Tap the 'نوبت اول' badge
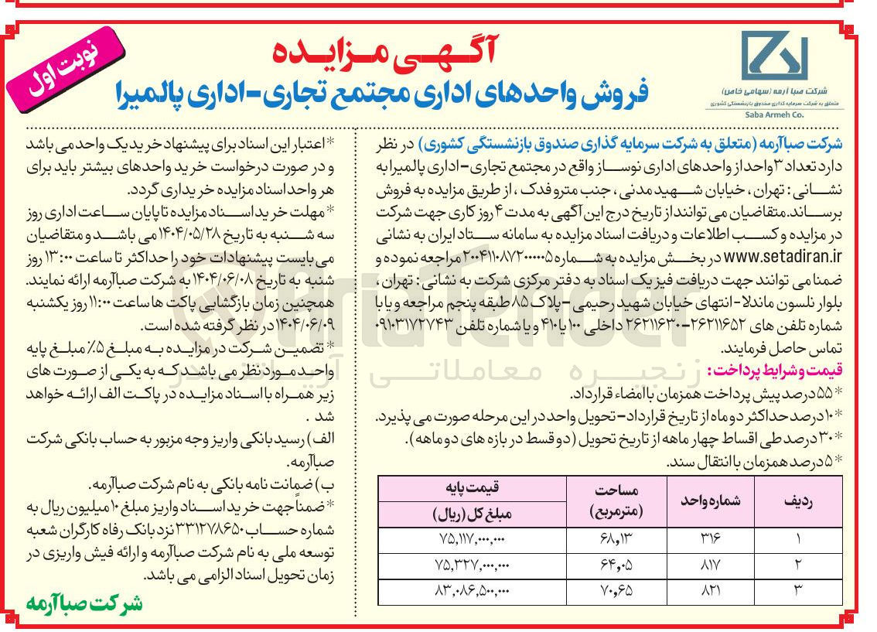67,66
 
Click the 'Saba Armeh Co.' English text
773,114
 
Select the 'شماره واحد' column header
711,500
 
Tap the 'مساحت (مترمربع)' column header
615,500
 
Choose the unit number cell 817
710,565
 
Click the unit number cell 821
710,591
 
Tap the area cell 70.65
615,591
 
